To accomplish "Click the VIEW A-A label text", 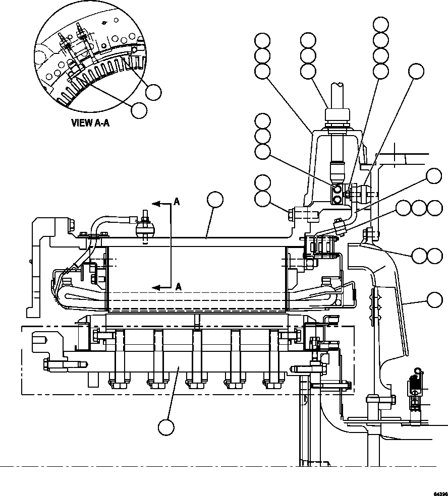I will pos(91,122).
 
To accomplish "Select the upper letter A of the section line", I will pos(177,202).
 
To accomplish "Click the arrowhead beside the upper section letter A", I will pos(156,204).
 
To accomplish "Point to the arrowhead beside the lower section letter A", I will pos(156,287).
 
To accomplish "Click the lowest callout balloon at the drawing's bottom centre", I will pos(166,427).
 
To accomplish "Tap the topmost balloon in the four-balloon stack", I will pos(381,24).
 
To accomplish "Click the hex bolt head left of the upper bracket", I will pos(292,215).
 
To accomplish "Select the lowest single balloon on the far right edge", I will pos(434,300).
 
